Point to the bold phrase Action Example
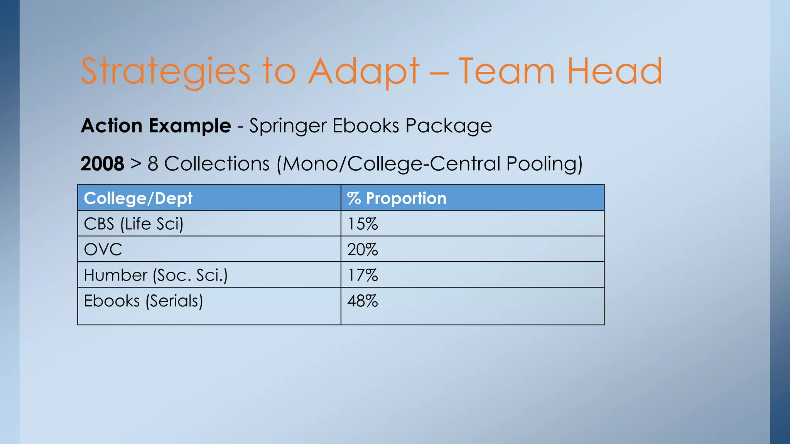coord(156,126)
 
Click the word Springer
coord(287,126)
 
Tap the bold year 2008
coord(102,163)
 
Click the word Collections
coord(217,163)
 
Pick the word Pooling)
coord(544,163)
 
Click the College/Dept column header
coord(138,198)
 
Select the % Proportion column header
coord(397,198)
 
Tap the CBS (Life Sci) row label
coord(133,224)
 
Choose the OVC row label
coord(103,249)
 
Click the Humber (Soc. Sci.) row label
coord(156,275)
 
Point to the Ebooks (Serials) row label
coord(143,301)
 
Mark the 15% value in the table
coord(363,224)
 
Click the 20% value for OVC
coord(363,249)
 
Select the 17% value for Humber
coord(363,275)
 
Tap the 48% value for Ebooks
coord(363,301)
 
